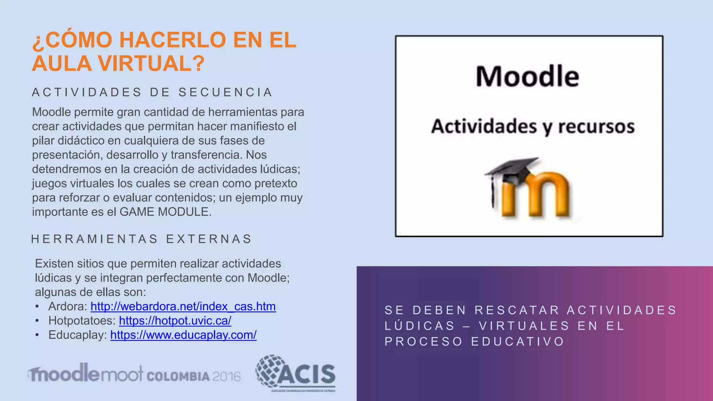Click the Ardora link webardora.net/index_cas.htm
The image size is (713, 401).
pyautogui.click(x=183, y=306)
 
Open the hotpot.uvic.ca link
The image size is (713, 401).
pyautogui.click(x=175, y=321)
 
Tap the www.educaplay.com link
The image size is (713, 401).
pyautogui.click(x=183, y=335)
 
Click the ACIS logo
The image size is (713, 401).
pyautogui.click(x=296, y=374)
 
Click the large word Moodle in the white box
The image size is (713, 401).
pyautogui.click(x=527, y=77)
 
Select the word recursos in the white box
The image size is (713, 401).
pyautogui.click(x=596, y=126)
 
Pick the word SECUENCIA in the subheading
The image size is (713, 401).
pyautogui.click(x=225, y=92)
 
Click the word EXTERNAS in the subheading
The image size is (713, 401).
pyautogui.click(x=209, y=239)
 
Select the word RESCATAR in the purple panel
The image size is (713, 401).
pyautogui.click(x=517, y=310)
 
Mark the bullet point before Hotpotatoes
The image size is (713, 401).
pyautogui.click(x=37, y=321)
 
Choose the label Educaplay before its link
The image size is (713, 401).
pyautogui.click(x=77, y=335)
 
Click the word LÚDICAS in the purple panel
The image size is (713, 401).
pyautogui.click(x=420, y=326)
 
